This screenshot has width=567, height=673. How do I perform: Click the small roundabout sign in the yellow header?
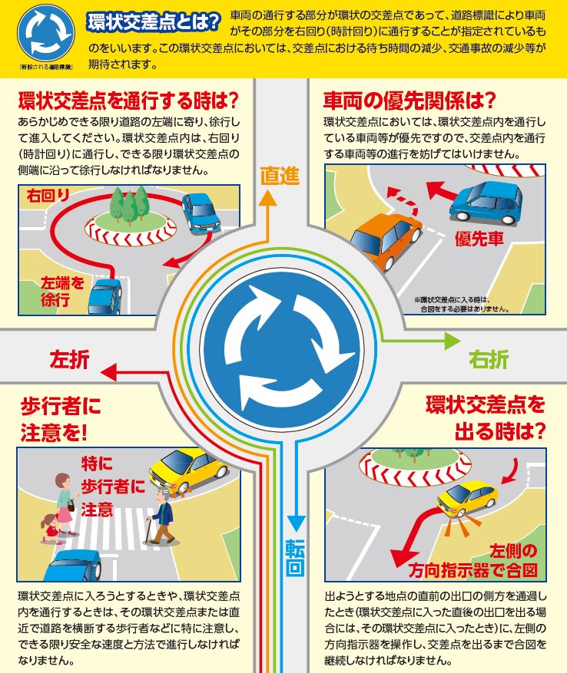click(x=46, y=34)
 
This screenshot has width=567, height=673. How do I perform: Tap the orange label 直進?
click(x=280, y=176)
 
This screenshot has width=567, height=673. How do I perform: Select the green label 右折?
click(x=489, y=359)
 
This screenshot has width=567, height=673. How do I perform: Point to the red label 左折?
click(x=70, y=359)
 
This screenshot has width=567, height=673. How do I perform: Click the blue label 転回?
click(x=295, y=558)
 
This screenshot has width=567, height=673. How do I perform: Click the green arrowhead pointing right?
click(x=453, y=341)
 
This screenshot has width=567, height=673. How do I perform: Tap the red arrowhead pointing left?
click(x=109, y=371)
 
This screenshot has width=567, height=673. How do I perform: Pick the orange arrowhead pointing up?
click(x=268, y=198)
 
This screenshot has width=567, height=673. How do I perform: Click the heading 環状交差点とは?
click(x=154, y=22)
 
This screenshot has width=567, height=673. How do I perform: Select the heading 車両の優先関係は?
click(x=409, y=100)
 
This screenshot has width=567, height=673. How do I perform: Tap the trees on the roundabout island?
click(x=129, y=205)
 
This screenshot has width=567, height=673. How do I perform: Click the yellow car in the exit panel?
click(x=467, y=498)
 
